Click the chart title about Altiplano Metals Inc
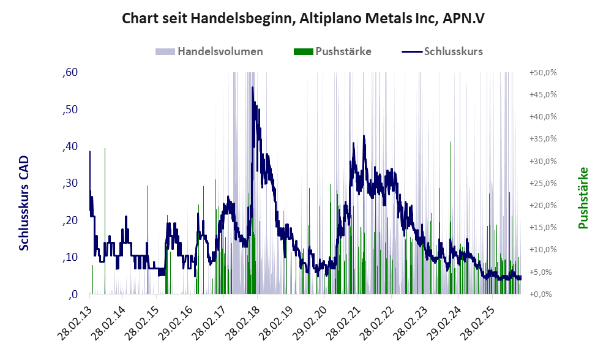click(304, 18)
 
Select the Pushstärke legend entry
click(343, 51)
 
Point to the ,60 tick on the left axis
click(70, 73)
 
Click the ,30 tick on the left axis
click(70, 184)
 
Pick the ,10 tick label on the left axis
click(70, 258)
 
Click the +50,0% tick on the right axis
click(543, 73)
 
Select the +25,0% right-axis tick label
click(543, 184)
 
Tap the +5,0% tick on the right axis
click(543, 272)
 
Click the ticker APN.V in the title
click(463, 18)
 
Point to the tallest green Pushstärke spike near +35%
click(451, 143)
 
